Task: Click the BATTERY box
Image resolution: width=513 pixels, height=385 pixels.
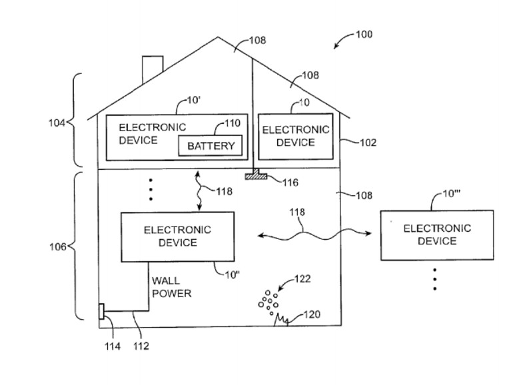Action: click(211, 145)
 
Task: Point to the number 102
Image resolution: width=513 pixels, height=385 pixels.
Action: click(367, 143)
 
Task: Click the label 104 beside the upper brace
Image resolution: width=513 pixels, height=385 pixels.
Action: click(57, 123)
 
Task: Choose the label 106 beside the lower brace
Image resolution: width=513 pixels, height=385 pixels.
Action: click(58, 246)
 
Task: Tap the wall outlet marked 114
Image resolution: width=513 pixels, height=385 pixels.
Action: click(101, 312)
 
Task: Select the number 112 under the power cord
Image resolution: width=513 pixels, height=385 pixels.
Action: click(141, 346)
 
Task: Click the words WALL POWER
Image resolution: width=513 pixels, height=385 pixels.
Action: click(171, 287)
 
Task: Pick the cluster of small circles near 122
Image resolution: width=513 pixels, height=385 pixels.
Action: click(268, 301)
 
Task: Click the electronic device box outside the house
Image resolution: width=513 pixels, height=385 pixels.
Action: click(436, 234)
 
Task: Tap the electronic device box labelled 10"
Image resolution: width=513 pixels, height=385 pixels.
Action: click(177, 236)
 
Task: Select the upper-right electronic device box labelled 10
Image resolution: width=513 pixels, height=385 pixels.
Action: click(295, 137)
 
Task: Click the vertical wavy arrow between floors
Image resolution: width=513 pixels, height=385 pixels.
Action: click(198, 191)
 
